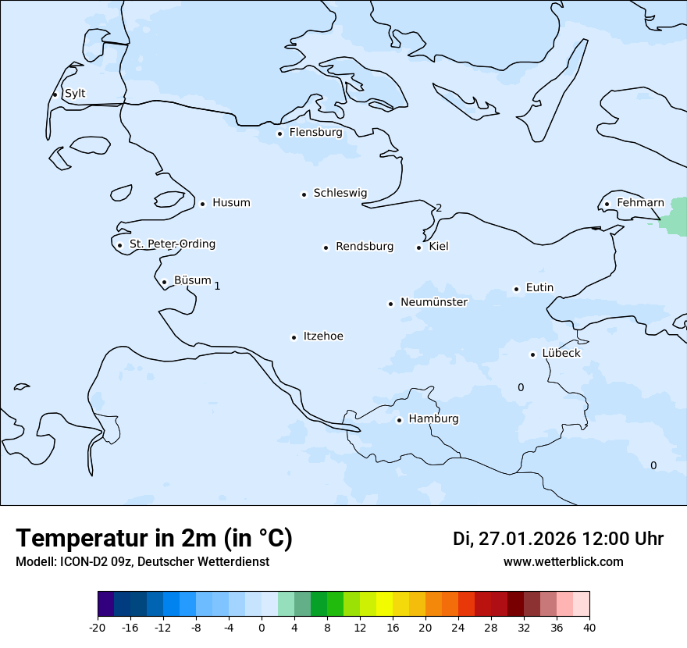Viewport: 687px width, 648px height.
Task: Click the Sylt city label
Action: coord(75,94)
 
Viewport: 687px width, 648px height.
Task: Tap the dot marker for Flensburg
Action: coord(279,134)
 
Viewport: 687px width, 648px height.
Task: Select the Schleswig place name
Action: coord(340,193)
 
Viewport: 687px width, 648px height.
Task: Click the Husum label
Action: coord(231,203)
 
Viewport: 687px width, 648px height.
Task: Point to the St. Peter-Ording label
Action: coord(172,244)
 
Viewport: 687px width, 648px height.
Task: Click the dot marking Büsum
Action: coord(164,282)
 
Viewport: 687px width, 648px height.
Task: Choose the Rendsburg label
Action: coord(365,247)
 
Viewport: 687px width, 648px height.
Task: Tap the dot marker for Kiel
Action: coord(418,247)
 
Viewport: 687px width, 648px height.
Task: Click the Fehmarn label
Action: coord(640,203)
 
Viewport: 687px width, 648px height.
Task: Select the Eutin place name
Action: coord(539,288)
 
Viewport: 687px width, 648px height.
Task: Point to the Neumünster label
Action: coord(434,302)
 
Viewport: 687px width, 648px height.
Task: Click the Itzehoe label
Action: coord(323,336)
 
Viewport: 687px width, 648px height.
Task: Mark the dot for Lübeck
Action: coord(532,354)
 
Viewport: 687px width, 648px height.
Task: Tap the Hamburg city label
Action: coord(433,419)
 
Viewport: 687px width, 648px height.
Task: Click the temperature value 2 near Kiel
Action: coord(439,208)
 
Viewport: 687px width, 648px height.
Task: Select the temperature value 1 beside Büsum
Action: coord(217,286)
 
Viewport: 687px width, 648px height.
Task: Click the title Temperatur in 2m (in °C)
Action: coord(154,538)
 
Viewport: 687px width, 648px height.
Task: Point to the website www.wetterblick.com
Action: coord(563,562)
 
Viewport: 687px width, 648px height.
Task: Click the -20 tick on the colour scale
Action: coord(98,627)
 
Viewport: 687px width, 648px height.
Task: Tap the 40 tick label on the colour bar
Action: coord(589,627)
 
